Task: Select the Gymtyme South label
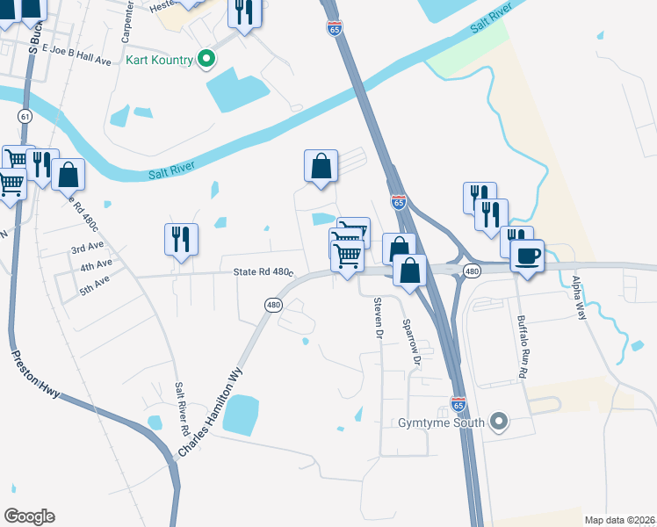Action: [x=441, y=423]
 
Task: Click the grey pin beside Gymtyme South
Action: [x=500, y=422]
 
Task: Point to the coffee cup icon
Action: [x=527, y=256]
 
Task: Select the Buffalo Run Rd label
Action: [x=522, y=346]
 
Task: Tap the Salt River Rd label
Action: [x=183, y=408]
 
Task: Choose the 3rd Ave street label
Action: [x=88, y=249]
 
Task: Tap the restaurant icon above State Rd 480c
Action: [x=181, y=239]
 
